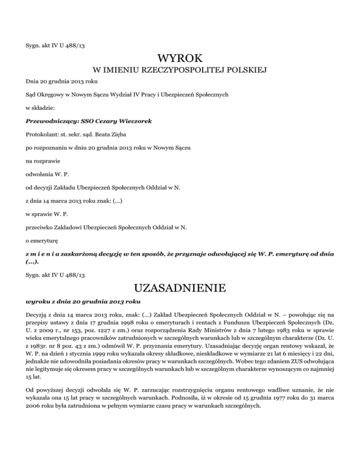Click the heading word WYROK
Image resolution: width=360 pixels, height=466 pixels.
point(180,59)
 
